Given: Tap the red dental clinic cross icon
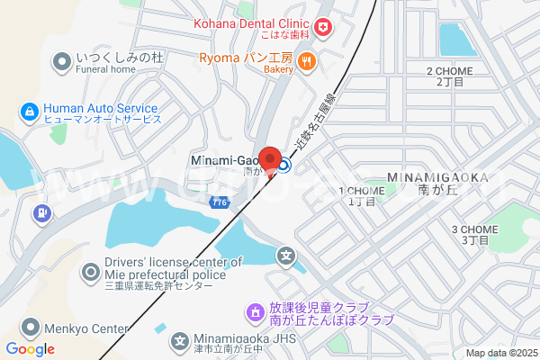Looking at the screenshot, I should [x=323, y=27].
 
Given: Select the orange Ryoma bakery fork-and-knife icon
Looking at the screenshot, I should [x=307, y=61].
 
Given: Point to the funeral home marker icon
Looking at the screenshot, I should [x=62, y=61].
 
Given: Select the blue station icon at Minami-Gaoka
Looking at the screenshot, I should [x=283, y=165].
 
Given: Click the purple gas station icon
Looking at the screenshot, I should [x=40, y=214].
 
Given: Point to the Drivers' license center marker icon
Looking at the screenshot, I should [x=91, y=271].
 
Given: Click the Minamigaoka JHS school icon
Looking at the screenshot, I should [x=180, y=341].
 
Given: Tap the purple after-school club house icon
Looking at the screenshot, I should [x=255, y=314].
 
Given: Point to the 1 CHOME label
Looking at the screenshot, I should [x=361, y=191].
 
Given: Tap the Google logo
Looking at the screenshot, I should [x=31, y=349].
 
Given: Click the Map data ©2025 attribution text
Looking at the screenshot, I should [x=500, y=353].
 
